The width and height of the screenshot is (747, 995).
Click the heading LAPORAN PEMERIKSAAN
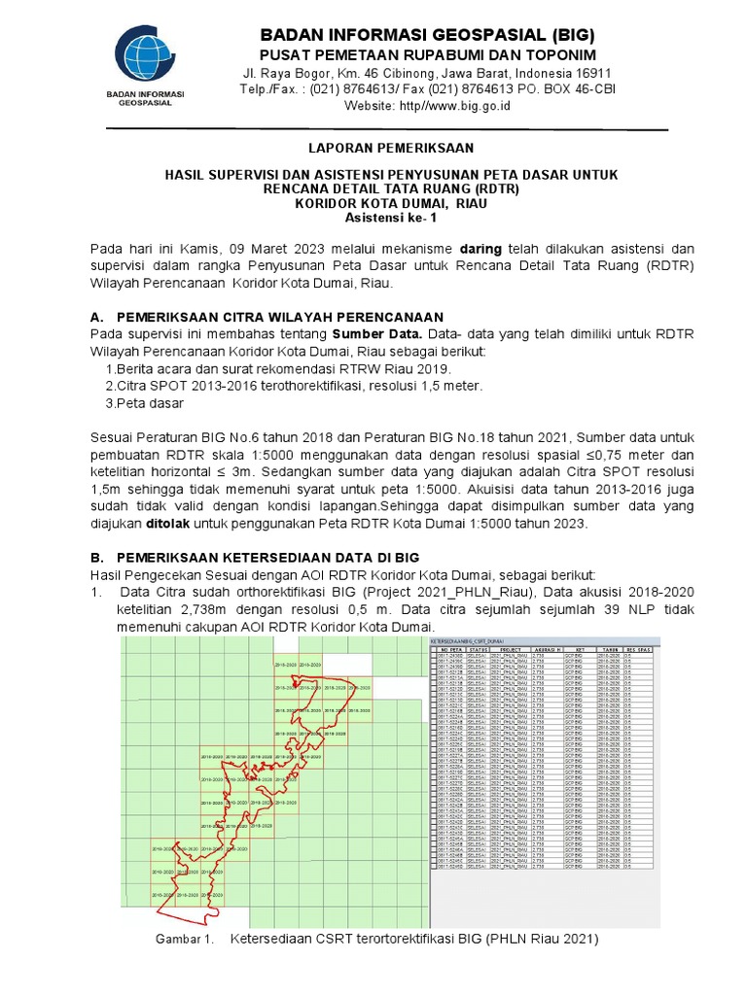tap(390, 149)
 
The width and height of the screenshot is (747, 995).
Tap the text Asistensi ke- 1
tap(390, 218)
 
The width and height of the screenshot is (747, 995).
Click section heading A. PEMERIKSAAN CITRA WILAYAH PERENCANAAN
tap(267, 318)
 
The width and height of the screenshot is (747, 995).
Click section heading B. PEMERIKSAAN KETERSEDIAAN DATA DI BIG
tap(268, 559)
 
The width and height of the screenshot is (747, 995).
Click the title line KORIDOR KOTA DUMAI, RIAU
tap(390, 203)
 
